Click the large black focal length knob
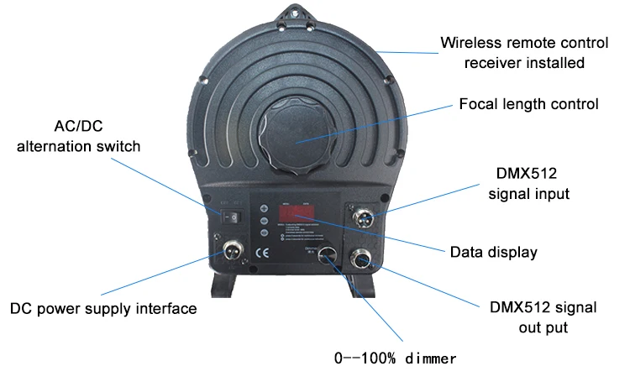click(x=300, y=136)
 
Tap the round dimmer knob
click(x=328, y=256)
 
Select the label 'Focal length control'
click(x=528, y=105)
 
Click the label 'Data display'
click(x=493, y=251)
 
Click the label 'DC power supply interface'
click(x=103, y=308)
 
